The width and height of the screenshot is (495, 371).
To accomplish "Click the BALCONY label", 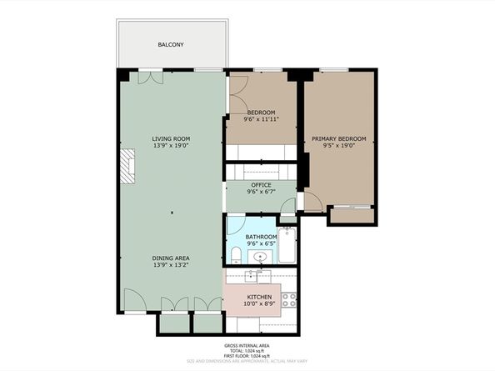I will (171, 44).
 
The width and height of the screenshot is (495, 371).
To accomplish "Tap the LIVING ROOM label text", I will (171, 138).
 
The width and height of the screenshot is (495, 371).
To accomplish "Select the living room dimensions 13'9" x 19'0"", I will (171, 146).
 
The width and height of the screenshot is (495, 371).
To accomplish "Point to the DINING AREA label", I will (171, 258).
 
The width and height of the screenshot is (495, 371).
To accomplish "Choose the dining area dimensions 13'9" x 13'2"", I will (171, 266).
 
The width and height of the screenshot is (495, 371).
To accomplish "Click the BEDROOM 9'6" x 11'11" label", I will (261, 116).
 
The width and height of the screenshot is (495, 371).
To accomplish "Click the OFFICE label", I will (261, 185).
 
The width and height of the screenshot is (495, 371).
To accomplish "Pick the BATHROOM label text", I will (261, 237).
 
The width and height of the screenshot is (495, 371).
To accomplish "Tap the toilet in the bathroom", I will (236, 254).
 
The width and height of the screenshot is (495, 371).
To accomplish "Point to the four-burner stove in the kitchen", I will (289, 298).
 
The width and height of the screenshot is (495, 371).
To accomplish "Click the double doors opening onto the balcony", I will (150, 78).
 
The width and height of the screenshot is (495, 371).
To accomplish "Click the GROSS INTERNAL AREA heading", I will (247, 345).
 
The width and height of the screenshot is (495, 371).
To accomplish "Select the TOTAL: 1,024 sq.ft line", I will (247, 350).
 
